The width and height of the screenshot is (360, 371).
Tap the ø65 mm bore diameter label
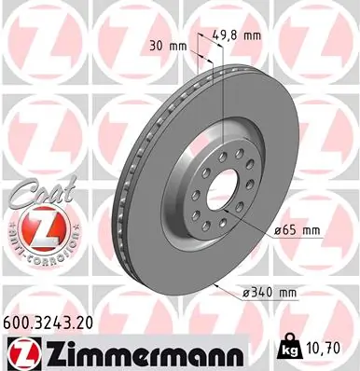click(x=298, y=229)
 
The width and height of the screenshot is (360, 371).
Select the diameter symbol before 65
click(x=279, y=229)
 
